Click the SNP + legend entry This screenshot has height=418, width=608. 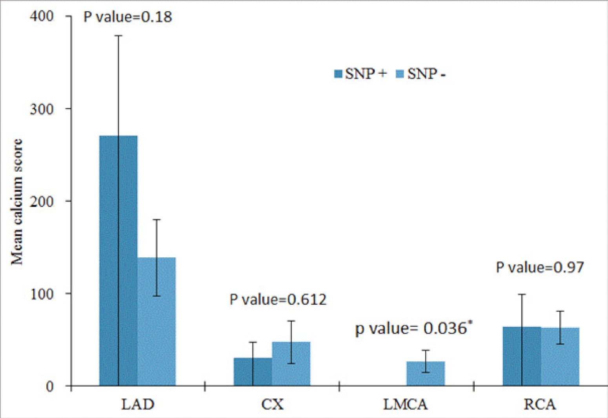(x=360, y=74)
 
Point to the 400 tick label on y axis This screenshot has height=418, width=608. (x=42, y=16)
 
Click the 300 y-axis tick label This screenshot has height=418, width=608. (x=42, y=109)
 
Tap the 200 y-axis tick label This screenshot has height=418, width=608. (x=42, y=201)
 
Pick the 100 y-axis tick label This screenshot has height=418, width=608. (x=42, y=294)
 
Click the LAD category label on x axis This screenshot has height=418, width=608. (x=138, y=404)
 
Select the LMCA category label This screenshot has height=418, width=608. (x=406, y=404)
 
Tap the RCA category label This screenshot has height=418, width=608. (x=540, y=404)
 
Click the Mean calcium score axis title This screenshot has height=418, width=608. (x=17, y=202)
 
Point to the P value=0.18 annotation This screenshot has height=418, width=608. (x=128, y=17)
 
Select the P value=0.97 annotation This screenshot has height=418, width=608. (x=540, y=267)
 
